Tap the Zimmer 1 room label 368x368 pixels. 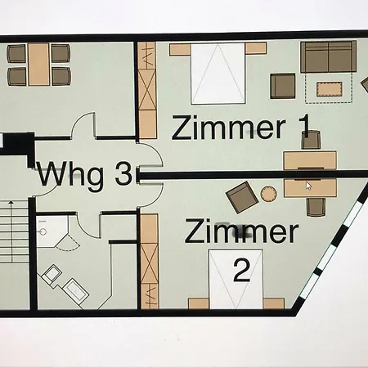point(241,127)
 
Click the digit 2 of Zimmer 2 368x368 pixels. point(242,271)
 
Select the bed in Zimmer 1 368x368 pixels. point(218,74)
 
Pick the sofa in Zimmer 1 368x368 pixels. point(329,56)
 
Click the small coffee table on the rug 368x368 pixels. point(330,89)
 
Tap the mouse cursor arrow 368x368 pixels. point(308,186)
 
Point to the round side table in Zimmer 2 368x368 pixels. point(268,194)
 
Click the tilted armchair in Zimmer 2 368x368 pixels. point(242,197)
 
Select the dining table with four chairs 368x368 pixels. point(38,65)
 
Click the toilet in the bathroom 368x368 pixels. point(52,273)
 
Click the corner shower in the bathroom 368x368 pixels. point(52,231)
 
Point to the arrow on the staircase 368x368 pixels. point(11,231)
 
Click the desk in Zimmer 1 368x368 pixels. point(310,160)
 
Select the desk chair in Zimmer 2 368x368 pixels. point(316,207)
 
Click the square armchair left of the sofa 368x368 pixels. point(283,86)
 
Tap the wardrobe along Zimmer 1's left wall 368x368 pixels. point(147,90)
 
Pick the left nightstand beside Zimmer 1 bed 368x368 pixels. point(180,50)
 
